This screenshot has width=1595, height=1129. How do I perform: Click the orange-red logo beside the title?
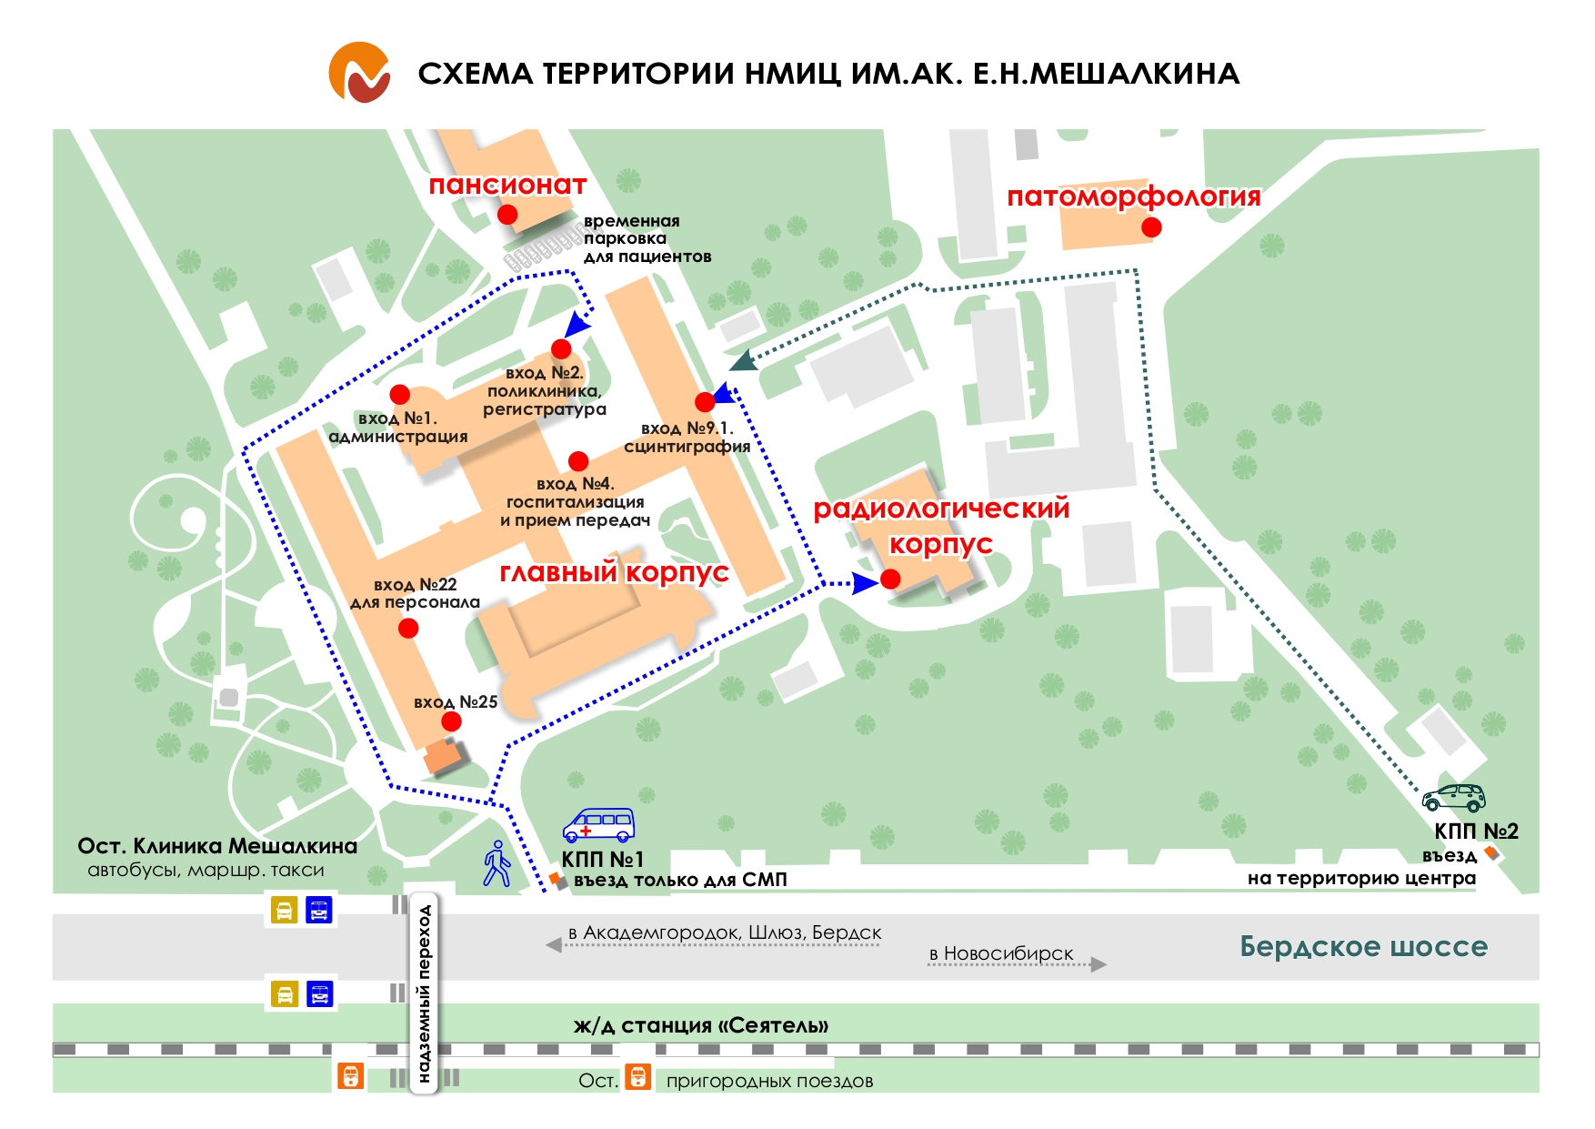click(360, 72)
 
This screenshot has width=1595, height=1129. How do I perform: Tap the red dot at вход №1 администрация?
click(400, 394)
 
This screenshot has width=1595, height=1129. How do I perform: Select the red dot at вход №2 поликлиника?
click(561, 348)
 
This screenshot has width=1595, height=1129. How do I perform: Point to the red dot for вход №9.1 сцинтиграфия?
click(705, 401)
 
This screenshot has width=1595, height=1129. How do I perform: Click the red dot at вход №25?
click(451, 721)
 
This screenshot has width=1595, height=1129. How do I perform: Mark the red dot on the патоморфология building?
click(1151, 227)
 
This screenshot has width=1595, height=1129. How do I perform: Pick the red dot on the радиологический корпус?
click(891, 579)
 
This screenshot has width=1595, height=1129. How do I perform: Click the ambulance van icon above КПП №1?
click(597, 824)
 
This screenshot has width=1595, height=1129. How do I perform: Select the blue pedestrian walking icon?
click(497, 863)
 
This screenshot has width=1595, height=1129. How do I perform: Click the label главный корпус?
click(614, 572)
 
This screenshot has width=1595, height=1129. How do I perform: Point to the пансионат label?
click(507, 185)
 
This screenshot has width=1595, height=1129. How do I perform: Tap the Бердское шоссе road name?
click(1363, 946)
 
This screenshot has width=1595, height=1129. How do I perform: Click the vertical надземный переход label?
click(424, 993)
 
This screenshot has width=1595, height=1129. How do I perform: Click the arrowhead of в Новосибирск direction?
click(1098, 964)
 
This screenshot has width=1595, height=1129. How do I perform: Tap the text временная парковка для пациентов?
click(647, 238)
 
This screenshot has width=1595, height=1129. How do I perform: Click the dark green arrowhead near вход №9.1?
click(743, 361)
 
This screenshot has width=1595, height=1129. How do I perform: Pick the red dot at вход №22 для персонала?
click(408, 628)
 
